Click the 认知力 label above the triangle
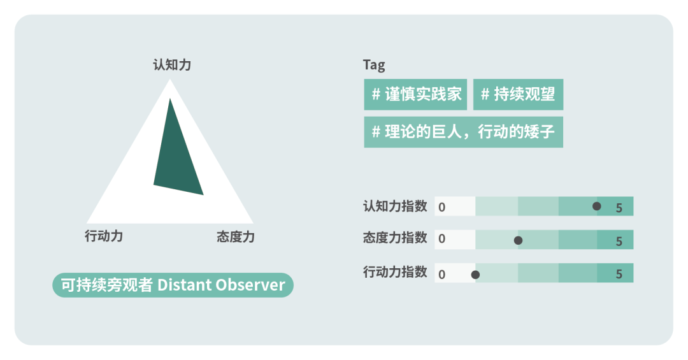point(172,65)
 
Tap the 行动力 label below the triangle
point(104,236)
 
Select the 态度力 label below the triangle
point(236,237)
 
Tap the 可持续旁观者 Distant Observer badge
point(173,285)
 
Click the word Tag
point(374,66)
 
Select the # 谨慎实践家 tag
point(415,94)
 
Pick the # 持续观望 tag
point(518,94)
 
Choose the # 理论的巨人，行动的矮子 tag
point(463,132)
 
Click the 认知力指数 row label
point(395,206)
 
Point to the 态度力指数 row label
point(395,238)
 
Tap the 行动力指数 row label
point(395,272)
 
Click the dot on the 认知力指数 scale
point(597,206)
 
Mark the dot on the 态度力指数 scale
point(518,240)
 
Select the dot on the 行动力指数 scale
point(475,275)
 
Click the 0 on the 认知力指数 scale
point(442,207)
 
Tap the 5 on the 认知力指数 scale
point(619,208)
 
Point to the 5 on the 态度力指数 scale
point(619,241)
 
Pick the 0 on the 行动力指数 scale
point(442,275)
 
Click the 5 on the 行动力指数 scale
point(619,274)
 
